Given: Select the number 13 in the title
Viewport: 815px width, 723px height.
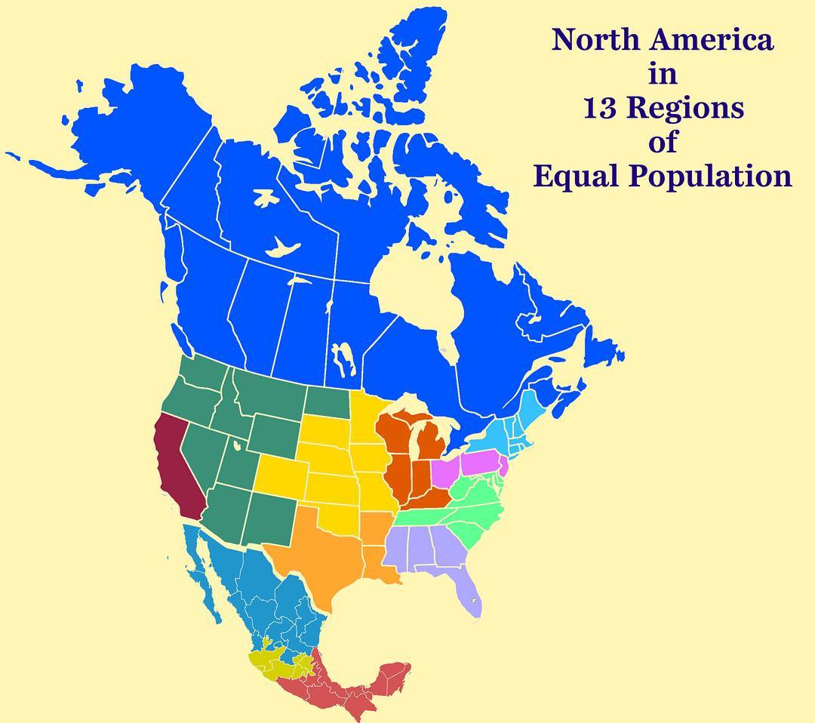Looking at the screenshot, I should [x=600, y=108].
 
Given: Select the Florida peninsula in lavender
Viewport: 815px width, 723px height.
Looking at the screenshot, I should [x=468, y=592].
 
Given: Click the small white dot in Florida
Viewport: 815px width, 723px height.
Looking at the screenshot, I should [x=472, y=600].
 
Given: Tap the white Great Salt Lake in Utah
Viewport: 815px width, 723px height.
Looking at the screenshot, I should [x=237, y=445].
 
